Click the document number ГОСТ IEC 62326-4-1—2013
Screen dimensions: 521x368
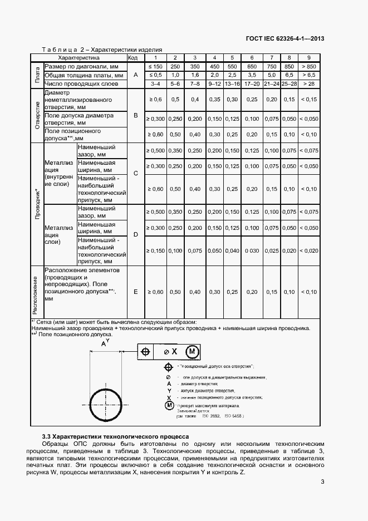285,38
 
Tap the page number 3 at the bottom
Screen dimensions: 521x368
322,482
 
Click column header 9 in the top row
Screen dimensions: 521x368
308,57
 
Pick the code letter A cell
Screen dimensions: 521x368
135,75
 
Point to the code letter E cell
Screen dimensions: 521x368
135,292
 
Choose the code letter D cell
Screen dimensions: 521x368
135,234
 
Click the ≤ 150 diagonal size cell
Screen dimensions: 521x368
155,66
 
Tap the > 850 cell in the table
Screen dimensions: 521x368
308,66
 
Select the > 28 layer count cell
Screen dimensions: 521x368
308,83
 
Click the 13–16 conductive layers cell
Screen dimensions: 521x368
232,83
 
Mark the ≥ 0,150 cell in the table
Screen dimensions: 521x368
155,251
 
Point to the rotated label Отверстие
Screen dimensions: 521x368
37,115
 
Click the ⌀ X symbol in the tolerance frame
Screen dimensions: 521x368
170,352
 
